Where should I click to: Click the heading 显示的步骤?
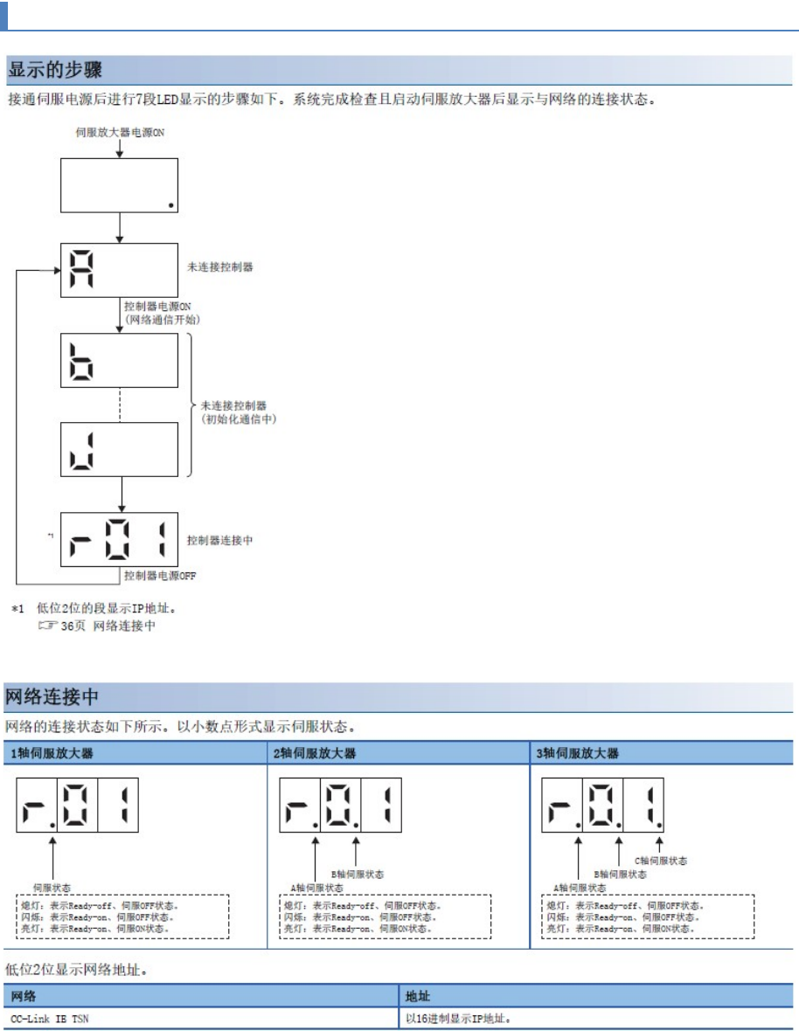[x=55, y=68]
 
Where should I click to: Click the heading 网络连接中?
[x=52, y=697]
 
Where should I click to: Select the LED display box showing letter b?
[x=119, y=360]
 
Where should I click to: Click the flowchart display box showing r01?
[x=119, y=539]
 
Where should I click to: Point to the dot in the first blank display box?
[x=170, y=206]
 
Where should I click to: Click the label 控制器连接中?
[x=220, y=541]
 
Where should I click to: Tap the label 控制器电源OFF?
[x=160, y=576]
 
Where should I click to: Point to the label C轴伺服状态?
[x=661, y=861]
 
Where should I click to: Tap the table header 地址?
[x=418, y=996]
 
